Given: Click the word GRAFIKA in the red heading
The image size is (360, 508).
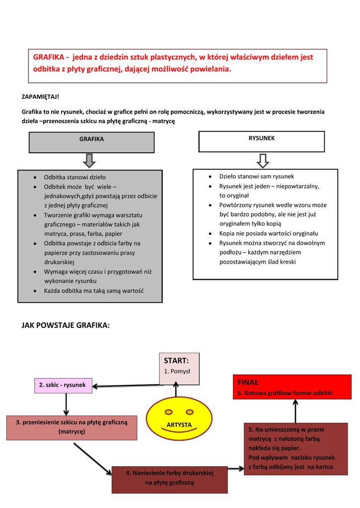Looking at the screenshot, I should click(x=48, y=57).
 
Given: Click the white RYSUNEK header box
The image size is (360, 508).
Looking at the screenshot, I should click(x=261, y=141).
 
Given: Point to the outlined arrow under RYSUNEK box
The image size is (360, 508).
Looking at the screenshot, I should click(x=263, y=161).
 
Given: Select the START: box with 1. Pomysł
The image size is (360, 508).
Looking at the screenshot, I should click(x=179, y=366).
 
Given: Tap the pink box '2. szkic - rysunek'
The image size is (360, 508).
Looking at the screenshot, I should click(x=63, y=385).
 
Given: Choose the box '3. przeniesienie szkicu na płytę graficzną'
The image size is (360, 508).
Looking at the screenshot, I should click(x=72, y=427).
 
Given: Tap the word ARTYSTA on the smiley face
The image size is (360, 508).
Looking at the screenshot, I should click(x=179, y=425).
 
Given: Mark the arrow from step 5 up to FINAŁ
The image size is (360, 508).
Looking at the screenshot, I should click(x=295, y=411).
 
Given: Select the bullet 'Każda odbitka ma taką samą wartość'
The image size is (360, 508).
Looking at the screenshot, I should click(x=94, y=291).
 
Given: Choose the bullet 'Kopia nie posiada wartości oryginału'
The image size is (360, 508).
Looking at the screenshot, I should click(x=269, y=233).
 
